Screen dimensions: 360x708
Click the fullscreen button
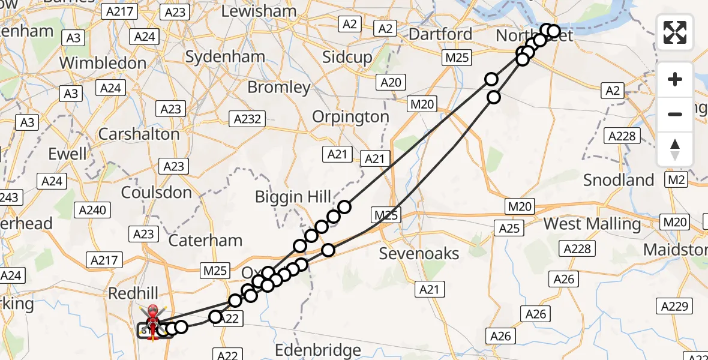pyautogui.click(x=675, y=32)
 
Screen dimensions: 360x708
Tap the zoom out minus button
pyautogui.click(x=675, y=114)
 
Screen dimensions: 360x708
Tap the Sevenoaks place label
pyautogui.click(x=419, y=253)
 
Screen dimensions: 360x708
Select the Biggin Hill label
pyautogui.click(x=293, y=196)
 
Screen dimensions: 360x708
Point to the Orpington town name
pyautogui.click(x=350, y=116)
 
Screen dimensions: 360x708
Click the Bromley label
pyautogui.click(x=279, y=88)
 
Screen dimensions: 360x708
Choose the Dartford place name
pyautogui.click(x=440, y=34)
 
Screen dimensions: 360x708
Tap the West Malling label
pyautogui.click(x=592, y=224)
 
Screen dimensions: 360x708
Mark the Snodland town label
pyautogui.click(x=619, y=180)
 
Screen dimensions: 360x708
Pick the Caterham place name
pyautogui.click(x=205, y=241)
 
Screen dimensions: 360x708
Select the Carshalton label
pyautogui.click(x=139, y=134)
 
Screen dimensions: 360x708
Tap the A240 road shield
pyautogui.click(x=92, y=210)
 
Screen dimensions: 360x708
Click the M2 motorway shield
pyautogui.click(x=676, y=180)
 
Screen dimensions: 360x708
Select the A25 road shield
pyautogui.click(x=509, y=228)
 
